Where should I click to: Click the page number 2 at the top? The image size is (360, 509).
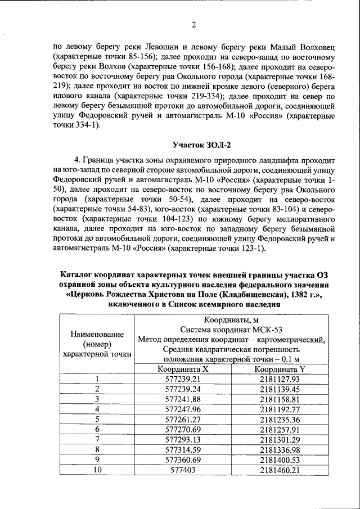tap(193, 25)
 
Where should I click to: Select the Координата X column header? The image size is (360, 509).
tap(183, 370)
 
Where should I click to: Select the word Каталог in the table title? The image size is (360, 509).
tap(78, 274)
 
